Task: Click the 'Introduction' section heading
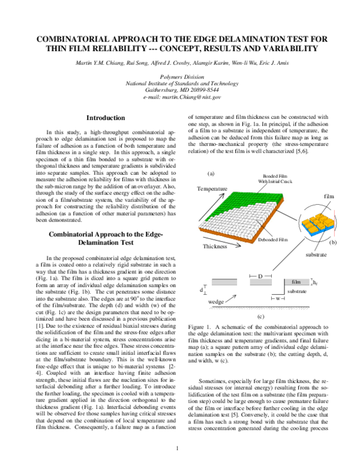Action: pyautogui.click(x=106, y=118)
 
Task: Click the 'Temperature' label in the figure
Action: pyautogui.click(x=212, y=189)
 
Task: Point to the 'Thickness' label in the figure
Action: pyautogui.click(x=215, y=263)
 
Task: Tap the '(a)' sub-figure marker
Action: pyautogui.click(x=211, y=173)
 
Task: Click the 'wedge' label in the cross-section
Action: pyautogui.click(x=216, y=301)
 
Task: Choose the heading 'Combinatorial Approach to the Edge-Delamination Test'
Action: pyautogui.click(x=106, y=238)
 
